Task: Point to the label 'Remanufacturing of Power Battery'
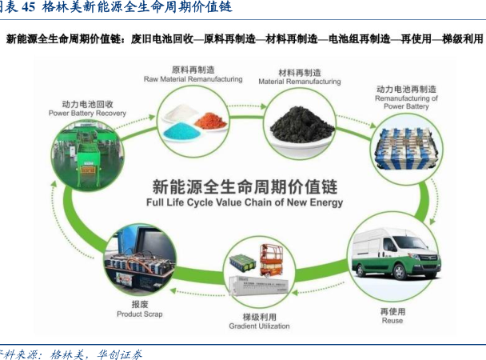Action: [x=407, y=102]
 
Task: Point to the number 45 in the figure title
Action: [x=28, y=8]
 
